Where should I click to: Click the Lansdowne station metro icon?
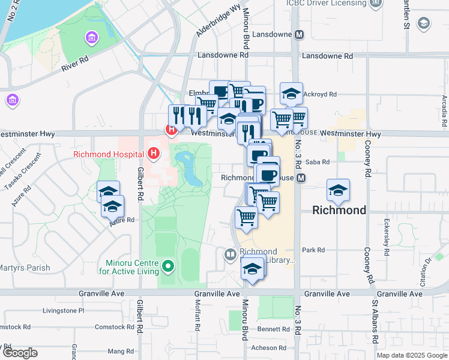[299, 34]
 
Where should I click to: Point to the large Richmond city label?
[340, 210]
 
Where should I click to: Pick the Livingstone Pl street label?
[64, 311]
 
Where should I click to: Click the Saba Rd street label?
[318, 162]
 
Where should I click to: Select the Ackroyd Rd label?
[320, 94]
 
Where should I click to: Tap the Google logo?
[20, 353]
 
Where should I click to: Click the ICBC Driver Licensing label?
[326, 3]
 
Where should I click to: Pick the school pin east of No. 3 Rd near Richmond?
[338, 191]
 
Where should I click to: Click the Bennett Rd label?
[274, 329]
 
